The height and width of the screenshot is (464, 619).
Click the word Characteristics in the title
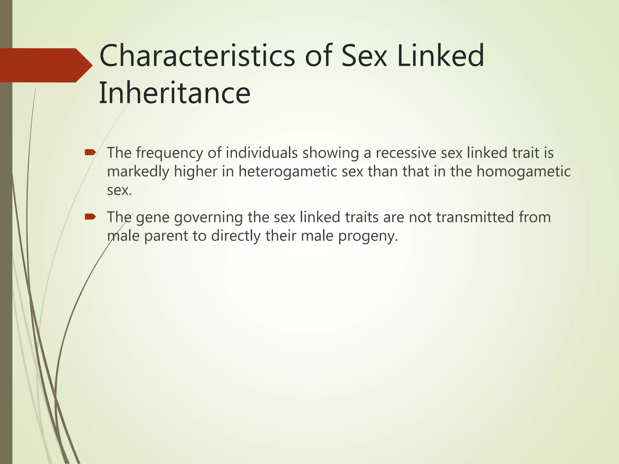197,56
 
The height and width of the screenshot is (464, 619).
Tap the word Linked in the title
440,56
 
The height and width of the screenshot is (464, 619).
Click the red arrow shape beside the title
45,65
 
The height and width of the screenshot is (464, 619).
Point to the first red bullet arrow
90,152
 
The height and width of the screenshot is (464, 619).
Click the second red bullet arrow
90,217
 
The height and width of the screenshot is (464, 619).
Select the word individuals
261,153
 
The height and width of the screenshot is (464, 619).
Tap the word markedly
138,172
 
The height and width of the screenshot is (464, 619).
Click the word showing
330,153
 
